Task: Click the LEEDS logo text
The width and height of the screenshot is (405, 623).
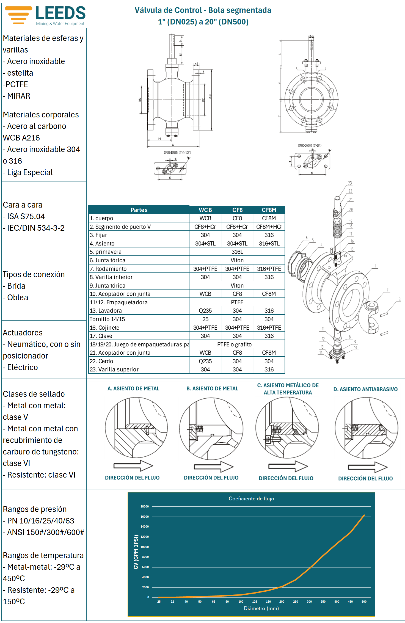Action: pyautogui.click(x=60, y=13)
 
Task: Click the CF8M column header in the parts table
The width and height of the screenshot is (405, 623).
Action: pyautogui.click(x=269, y=210)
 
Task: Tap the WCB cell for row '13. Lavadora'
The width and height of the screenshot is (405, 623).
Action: pyautogui.click(x=205, y=311)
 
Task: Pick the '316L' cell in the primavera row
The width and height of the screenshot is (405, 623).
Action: pyautogui.click(x=237, y=252)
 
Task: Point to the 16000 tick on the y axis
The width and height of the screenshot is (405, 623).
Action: pyautogui.click(x=145, y=517)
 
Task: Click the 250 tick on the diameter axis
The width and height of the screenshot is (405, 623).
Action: pyautogui.click(x=296, y=602)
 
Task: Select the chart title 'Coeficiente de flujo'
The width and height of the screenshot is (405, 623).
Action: pyautogui.click(x=251, y=499)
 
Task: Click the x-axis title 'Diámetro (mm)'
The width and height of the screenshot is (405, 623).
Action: pyautogui.click(x=261, y=608)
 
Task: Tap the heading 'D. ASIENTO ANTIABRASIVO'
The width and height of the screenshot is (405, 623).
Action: pyautogui.click(x=365, y=389)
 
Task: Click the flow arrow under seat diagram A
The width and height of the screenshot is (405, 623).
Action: pyautogui.click(x=133, y=466)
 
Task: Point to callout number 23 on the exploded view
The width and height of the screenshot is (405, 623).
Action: pyautogui.click(x=350, y=183)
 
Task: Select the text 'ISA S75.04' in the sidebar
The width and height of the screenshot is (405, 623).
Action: pyautogui.click(x=26, y=217)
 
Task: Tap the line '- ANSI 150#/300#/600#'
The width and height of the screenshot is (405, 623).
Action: pyautogui.click(x=44, y=532)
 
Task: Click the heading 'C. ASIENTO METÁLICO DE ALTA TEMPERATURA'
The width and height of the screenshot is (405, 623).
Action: pyautogui.click(x=288, y=389)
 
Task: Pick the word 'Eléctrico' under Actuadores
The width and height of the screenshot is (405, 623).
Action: pyautogui.click(x=23, y=367)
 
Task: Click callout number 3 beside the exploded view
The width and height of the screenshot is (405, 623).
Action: pyautogui.click(x=400, y=300)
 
